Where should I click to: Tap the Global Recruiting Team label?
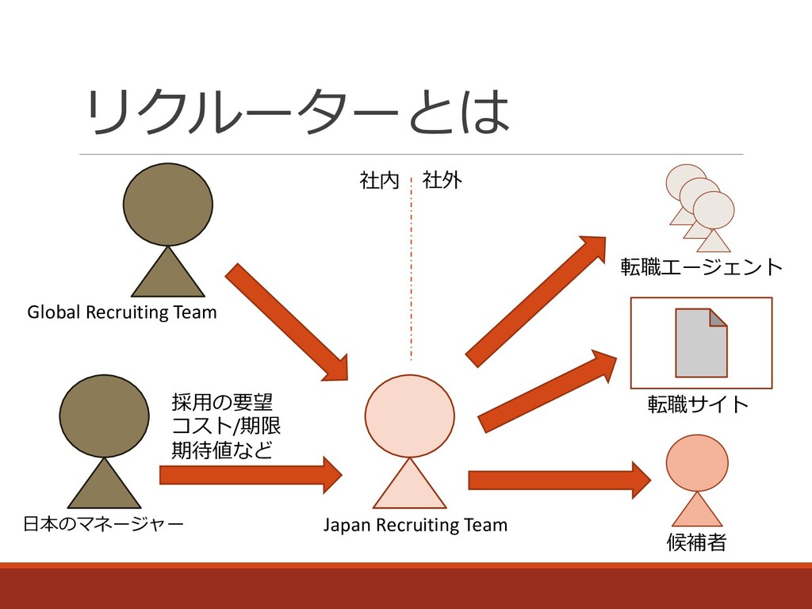click(122, 312)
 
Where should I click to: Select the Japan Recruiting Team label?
click(415, 525)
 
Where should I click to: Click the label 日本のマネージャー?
click(104, 523)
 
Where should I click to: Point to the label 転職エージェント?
click(701, 267)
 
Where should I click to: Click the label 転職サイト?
click(698, 404)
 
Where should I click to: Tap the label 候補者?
click(697, 543)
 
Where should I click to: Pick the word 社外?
click(442, 181)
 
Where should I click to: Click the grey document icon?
click(701, 343)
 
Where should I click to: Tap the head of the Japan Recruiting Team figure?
click(409, 416)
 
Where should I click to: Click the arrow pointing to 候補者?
click(559, 480)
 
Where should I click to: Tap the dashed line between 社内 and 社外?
click(412, 270)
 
